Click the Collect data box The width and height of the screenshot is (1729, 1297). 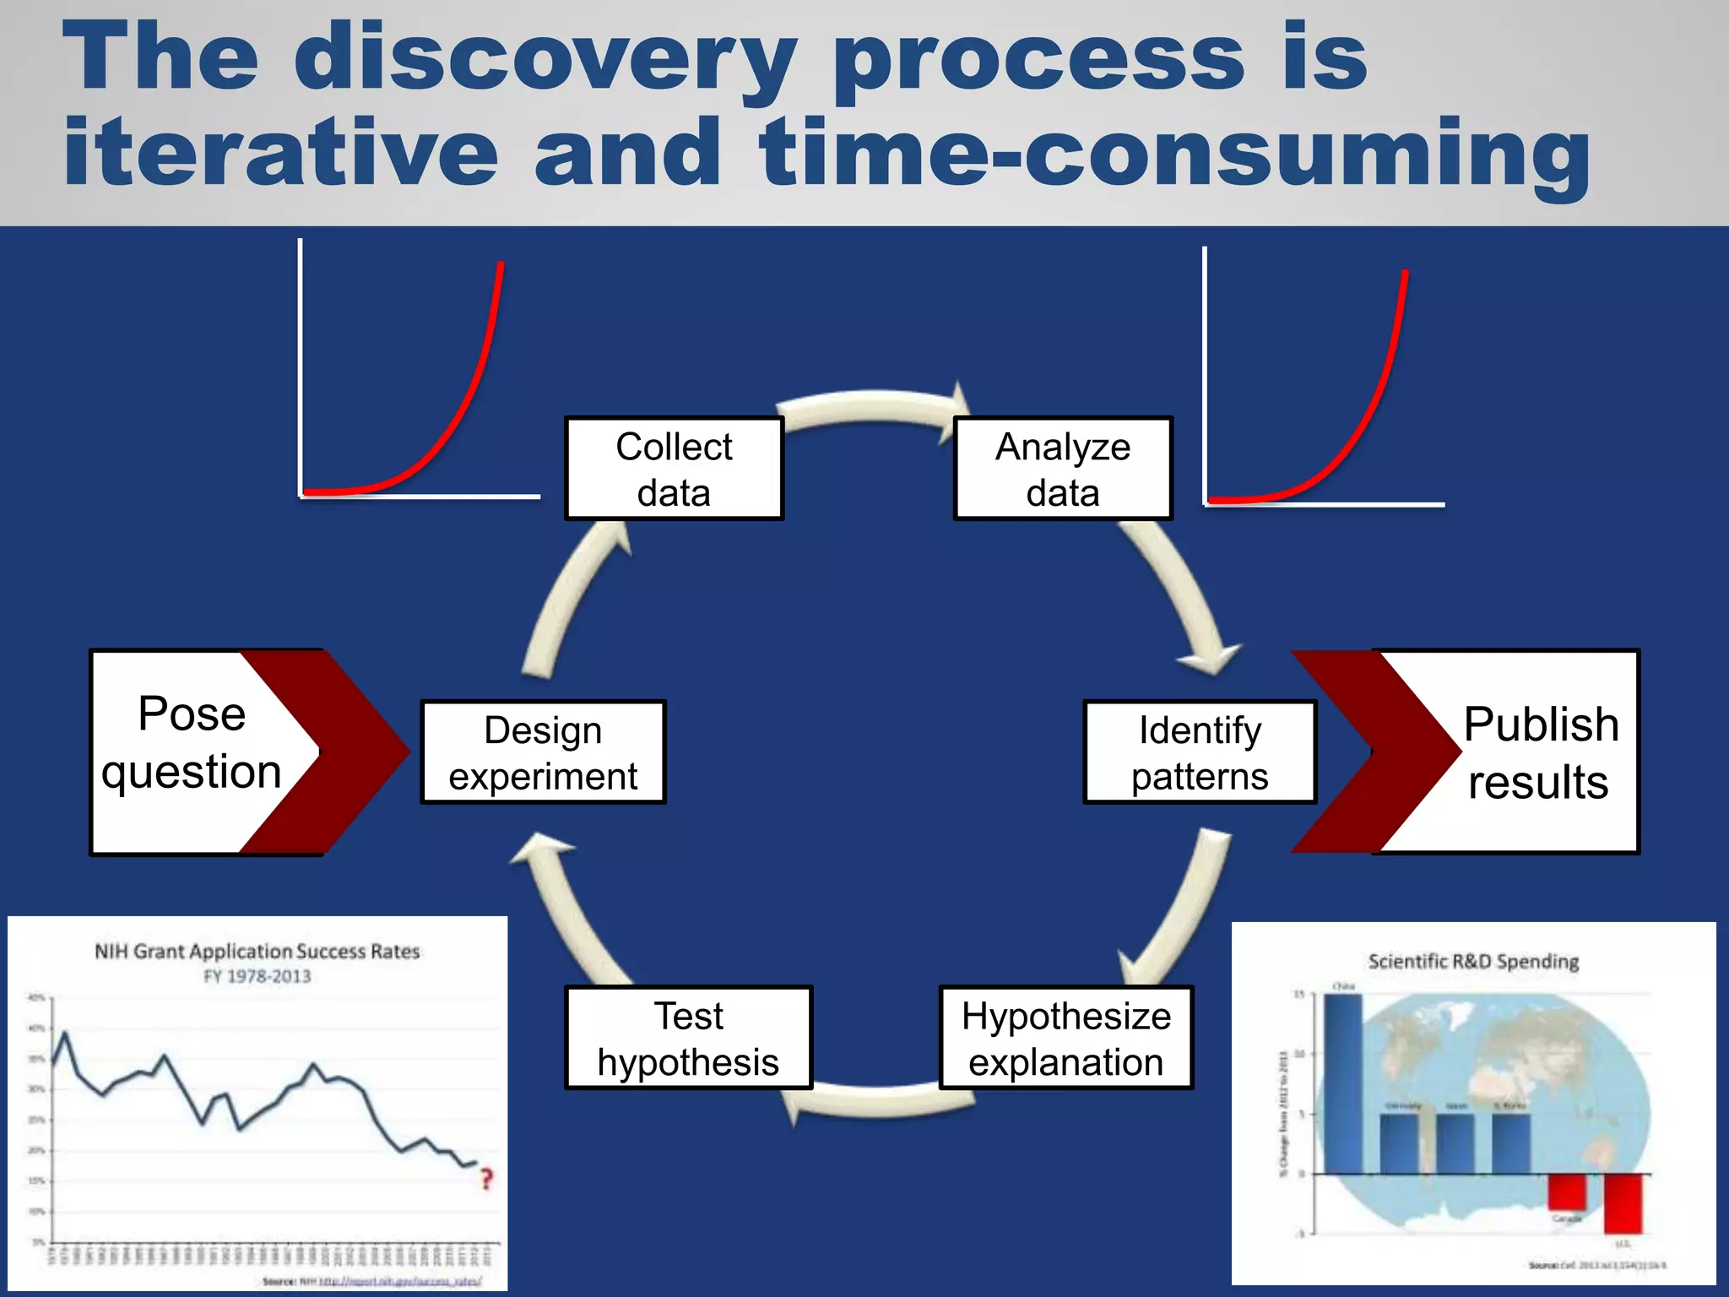coord(674,469)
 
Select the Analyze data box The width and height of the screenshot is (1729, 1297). coord(1063,469)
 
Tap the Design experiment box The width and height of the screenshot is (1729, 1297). coord(543,752)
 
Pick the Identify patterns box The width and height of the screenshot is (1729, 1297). coord(1200,752)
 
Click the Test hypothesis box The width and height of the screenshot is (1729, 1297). coord(688,1038)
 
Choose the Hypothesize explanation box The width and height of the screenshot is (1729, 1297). coord(1066,1038)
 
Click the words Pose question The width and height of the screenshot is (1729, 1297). coord(192,743)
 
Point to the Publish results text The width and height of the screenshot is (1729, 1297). coord(1540,752)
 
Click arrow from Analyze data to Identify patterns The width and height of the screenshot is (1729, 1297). coord(1182,591)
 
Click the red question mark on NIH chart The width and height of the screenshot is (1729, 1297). coord(486,1179)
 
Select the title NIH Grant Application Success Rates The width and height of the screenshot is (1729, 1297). coord(257,952)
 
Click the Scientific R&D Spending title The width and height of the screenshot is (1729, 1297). coord(1473,962)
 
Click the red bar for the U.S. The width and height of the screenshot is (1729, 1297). coord(1623,1202)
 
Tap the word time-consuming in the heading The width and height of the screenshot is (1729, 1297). coord(1173,154)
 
